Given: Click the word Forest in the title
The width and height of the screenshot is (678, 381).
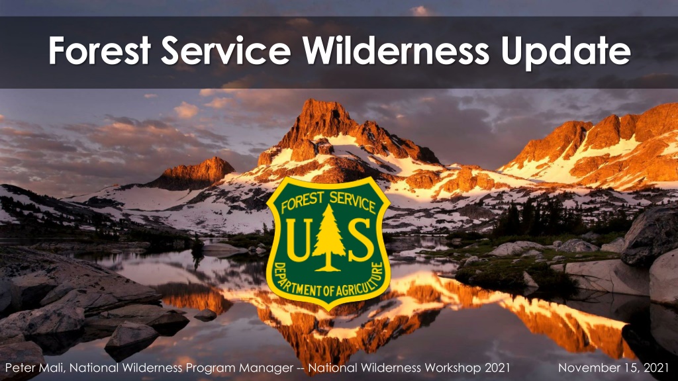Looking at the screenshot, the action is pos(99,50).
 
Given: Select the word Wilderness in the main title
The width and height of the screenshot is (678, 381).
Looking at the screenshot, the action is pos(396,50).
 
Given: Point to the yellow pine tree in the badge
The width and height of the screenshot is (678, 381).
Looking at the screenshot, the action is pos(328,237).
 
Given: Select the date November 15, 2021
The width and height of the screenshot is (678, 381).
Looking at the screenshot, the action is pos(614,368).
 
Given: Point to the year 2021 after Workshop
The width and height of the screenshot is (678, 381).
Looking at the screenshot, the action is pos(497,368).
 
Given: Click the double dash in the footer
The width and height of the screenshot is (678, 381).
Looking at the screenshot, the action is pos(301,368).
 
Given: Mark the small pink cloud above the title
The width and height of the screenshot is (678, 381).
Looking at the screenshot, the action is pos(420,11).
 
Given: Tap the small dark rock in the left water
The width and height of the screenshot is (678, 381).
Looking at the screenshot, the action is pos(205,315).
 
